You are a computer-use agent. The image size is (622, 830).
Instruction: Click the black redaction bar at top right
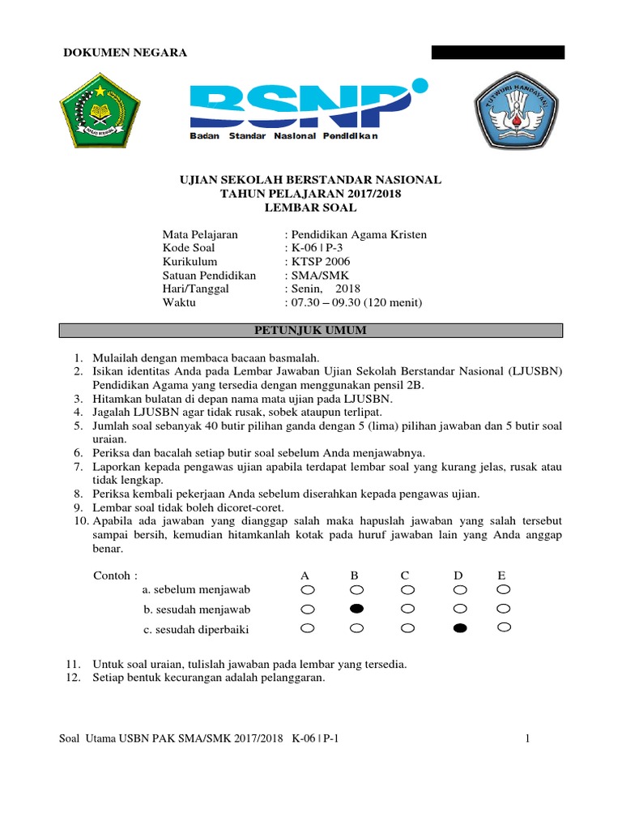pyautogui.click(x=497, y=53)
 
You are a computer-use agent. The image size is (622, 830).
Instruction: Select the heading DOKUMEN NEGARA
pyautogui.click(x=126, y=53)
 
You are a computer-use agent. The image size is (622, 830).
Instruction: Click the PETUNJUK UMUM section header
pyautogui.click(x=310, y=331)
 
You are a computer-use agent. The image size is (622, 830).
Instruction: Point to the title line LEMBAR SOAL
pyautogui.click(x=310, y=208)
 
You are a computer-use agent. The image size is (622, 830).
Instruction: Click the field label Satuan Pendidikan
pyautogui.click(x=209, y=276)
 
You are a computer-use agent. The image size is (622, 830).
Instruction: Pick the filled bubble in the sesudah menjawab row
pyautogui.click(x=356, y=609)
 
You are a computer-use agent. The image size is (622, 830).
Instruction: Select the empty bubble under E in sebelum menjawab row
pyautogui.click(x=504, y=589)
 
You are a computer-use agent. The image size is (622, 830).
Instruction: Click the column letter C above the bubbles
pyautogui.click(x=405, y=575)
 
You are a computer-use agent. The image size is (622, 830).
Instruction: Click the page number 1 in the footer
pyautogui.click(x=527, y=738)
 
